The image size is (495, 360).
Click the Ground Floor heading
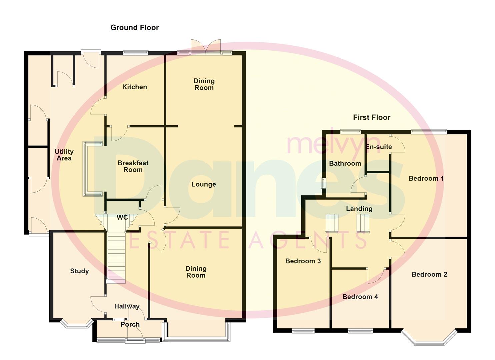tap(135, 28)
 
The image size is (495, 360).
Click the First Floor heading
tap(372, 117)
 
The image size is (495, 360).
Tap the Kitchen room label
tap(134, 87)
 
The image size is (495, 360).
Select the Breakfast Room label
tap(133, 166)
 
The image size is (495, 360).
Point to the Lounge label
tap(203, 184)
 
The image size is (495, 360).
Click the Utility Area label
tap(64, 155)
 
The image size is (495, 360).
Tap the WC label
tap(122, 217)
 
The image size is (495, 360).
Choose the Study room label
tap(79, 271)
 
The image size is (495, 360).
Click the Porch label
tap(130, 324)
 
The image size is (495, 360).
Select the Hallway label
tap(127, 306)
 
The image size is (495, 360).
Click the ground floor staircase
tap(116, 257)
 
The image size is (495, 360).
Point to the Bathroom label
tap(345, 163)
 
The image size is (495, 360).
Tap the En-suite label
tap(379, 147)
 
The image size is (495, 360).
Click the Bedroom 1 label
tap(426, 178)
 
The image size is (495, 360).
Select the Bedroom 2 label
tap(429, 274)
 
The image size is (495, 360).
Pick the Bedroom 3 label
tap(303, 261)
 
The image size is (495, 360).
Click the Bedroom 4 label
tap(360, 297)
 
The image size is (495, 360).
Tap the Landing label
tap(359, 209)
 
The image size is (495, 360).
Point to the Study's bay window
tap(77, 324)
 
